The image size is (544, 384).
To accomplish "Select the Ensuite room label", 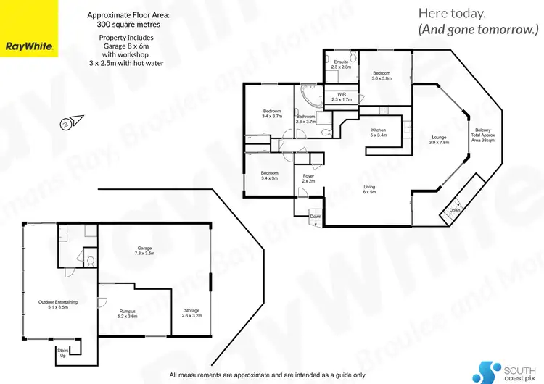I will pyautogui.click(x=341, y=64).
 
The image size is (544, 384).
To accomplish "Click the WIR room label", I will pyautogui.click(x=341, y=97).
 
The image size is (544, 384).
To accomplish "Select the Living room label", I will pyautogui.click(x=370, y=189).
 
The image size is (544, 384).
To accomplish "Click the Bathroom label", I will pyautogui.click(x=306, y=119).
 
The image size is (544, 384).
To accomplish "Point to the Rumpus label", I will pyautogui.click(x=128, y=314).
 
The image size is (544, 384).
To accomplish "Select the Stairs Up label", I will pyautogui.click(x=62, y=353).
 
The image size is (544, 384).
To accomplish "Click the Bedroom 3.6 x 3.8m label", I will pyautogui.click(x=382, y=75).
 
